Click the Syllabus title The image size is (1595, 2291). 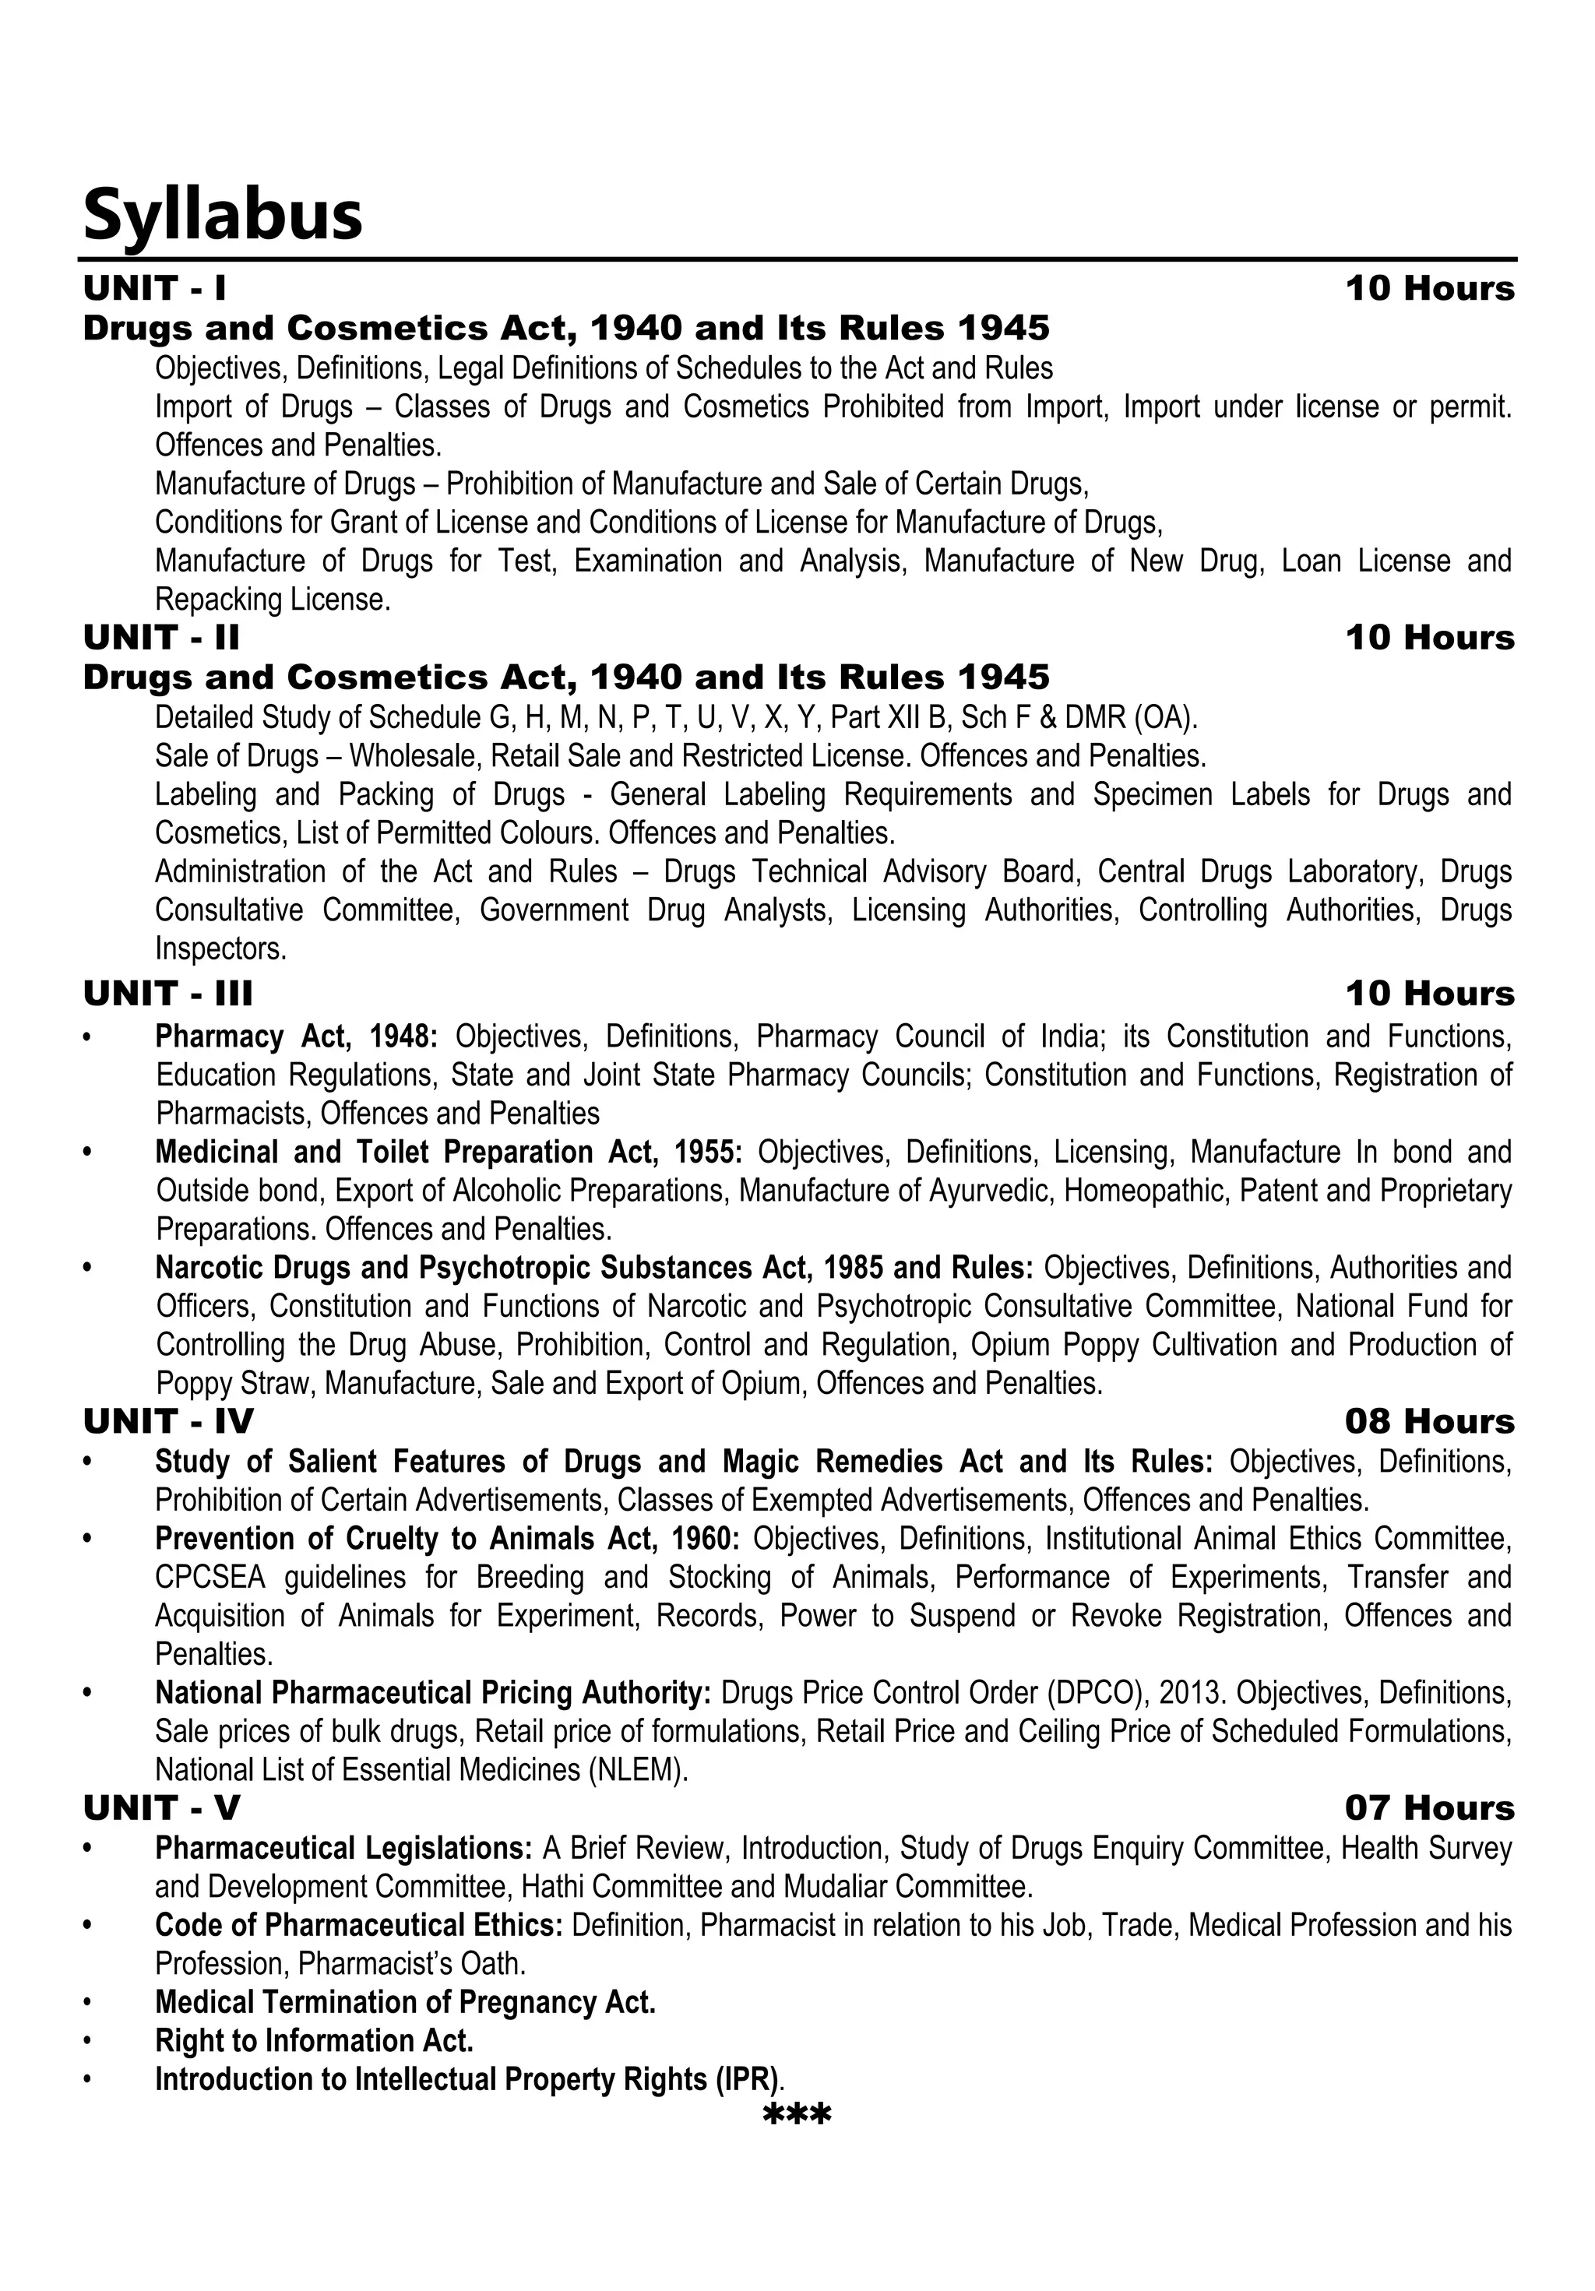click(222, 216)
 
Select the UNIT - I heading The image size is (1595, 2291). click(155, 288)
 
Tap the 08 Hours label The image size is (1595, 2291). click(1428, 1422)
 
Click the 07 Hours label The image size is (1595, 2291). click(1428, 1808)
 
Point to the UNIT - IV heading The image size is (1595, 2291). click(167, 1422)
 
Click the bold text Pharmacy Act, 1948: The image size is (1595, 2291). click(295, 1036)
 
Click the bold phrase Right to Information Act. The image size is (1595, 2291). click(313, 2040)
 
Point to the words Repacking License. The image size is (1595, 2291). click(272, 600)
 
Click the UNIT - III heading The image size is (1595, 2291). click(167, 994)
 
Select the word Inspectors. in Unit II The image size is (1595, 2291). click(220, 949)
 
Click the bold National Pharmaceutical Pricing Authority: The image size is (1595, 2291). click(432, 1693)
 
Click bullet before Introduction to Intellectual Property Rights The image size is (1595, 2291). click(89, 2079)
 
